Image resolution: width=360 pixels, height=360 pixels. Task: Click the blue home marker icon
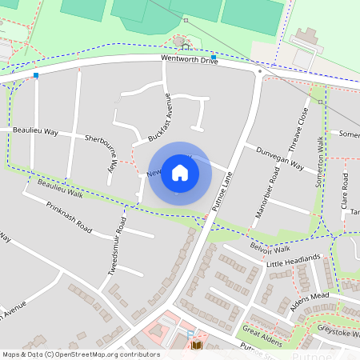pyautogui.click(x=180, y=172)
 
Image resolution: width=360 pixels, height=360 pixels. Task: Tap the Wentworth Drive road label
pyautogui.click(x=189, y=60)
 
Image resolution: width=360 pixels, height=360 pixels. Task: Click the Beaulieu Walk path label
pyautogui.click(x=60, y=188)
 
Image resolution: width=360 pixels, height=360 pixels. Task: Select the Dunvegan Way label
pyautogui.click(x=279, y=158)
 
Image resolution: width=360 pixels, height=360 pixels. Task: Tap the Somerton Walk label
pyautogui.click(x=320, y=161)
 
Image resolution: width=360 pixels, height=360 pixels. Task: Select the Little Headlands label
pyautogui.click(x=293, y=260)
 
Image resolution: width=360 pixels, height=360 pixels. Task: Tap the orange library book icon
pyautogui.click(x=197, y=346)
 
